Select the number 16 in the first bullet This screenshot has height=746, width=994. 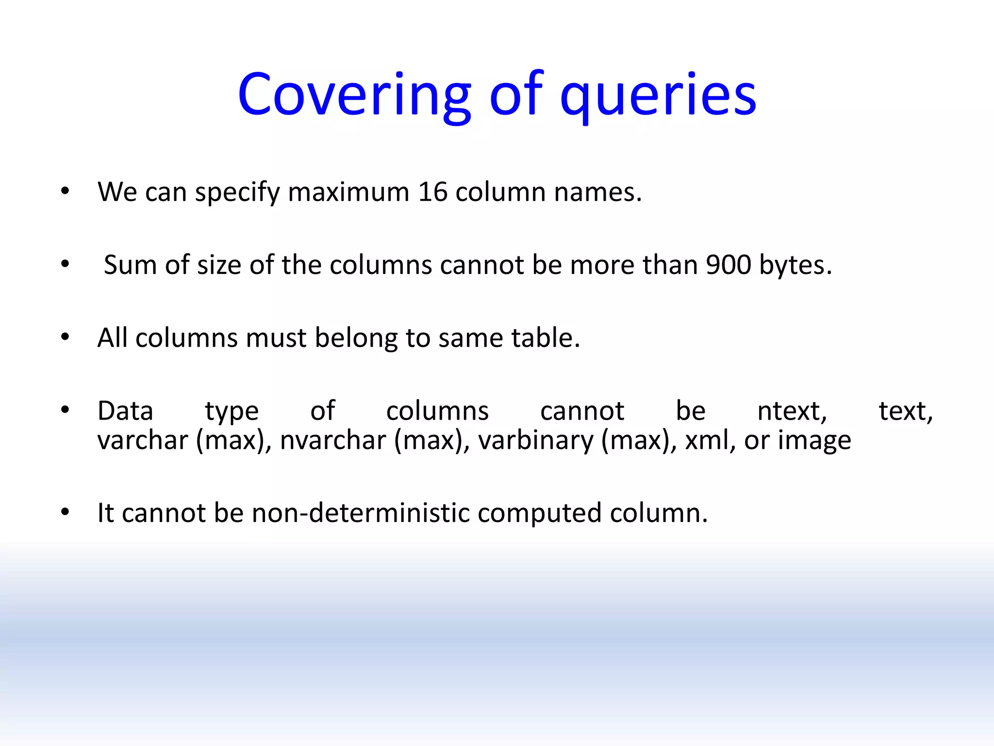tap(432, 192)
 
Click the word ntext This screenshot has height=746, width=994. tap(792, 411)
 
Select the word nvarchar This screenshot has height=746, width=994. tap(333, 441)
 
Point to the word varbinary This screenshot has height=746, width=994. tap(536, 441)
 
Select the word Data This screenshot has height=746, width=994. tap(125, 411)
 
